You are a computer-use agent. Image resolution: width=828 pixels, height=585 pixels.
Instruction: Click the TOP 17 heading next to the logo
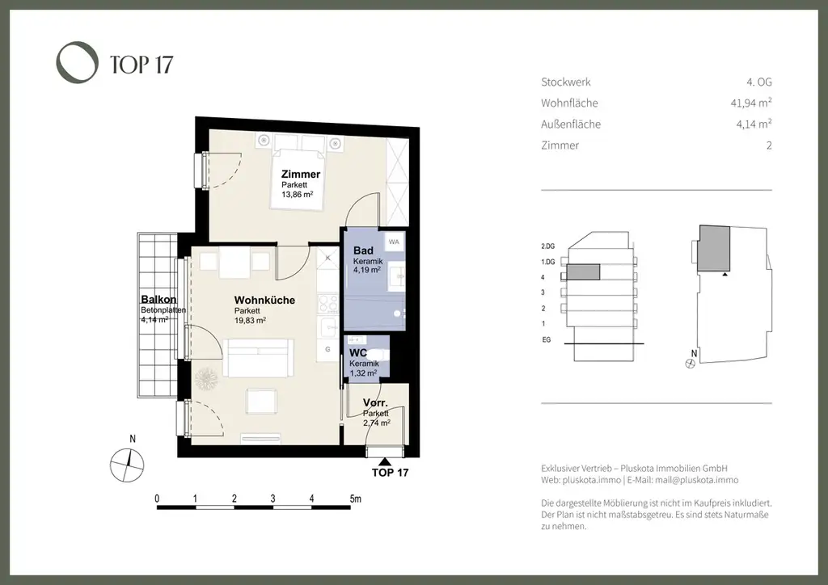pos(142,65)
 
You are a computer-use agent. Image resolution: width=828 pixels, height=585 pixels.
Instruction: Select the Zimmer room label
pos(301,174)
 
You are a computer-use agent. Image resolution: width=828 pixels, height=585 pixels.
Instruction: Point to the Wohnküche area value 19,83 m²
pos(250,320)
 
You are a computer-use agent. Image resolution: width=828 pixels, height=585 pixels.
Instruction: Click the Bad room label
pos(363,250)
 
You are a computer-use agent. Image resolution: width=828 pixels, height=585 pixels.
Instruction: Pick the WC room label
pos(358,353)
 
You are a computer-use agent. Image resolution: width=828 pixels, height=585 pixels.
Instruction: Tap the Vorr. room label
pos(375,403)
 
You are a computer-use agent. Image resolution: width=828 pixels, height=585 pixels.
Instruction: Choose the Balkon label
pos(158,300)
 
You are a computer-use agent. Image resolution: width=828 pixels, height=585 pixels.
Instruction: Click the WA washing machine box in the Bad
pos(394,242)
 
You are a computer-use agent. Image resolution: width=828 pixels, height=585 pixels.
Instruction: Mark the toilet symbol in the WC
pos(378,354)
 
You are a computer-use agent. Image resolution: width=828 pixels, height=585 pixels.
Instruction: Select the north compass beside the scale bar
pos(127,465)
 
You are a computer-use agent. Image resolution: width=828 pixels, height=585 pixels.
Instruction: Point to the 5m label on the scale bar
pos(356,499)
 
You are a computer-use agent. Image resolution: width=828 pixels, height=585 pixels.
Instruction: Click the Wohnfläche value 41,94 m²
pos(751,103)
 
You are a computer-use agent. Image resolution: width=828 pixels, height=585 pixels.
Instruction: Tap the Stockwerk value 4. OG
pos(758,82)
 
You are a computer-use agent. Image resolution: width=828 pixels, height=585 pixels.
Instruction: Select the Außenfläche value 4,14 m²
pos(754,124)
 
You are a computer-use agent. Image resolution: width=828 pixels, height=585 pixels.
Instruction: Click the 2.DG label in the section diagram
pos(547,246)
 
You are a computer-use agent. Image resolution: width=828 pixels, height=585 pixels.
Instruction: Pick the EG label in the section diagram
pos(546,339)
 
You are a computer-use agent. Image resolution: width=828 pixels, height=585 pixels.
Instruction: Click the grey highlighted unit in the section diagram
pos(584,271)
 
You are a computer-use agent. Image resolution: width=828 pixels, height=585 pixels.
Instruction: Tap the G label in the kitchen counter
pos(328,349)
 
